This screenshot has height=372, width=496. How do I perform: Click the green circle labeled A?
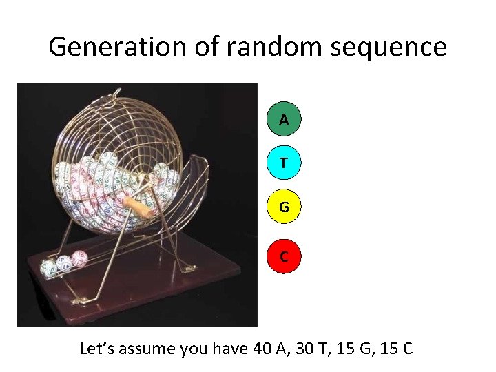coord(284,119)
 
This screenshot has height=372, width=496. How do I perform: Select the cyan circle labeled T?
coord(284,163)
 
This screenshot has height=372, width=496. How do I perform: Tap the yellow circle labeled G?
coord(284,206)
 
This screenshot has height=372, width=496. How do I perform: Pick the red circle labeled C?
coord(284,256)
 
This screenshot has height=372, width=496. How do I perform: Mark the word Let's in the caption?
coord(99,349)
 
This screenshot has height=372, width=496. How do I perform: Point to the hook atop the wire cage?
coord(116,91)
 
